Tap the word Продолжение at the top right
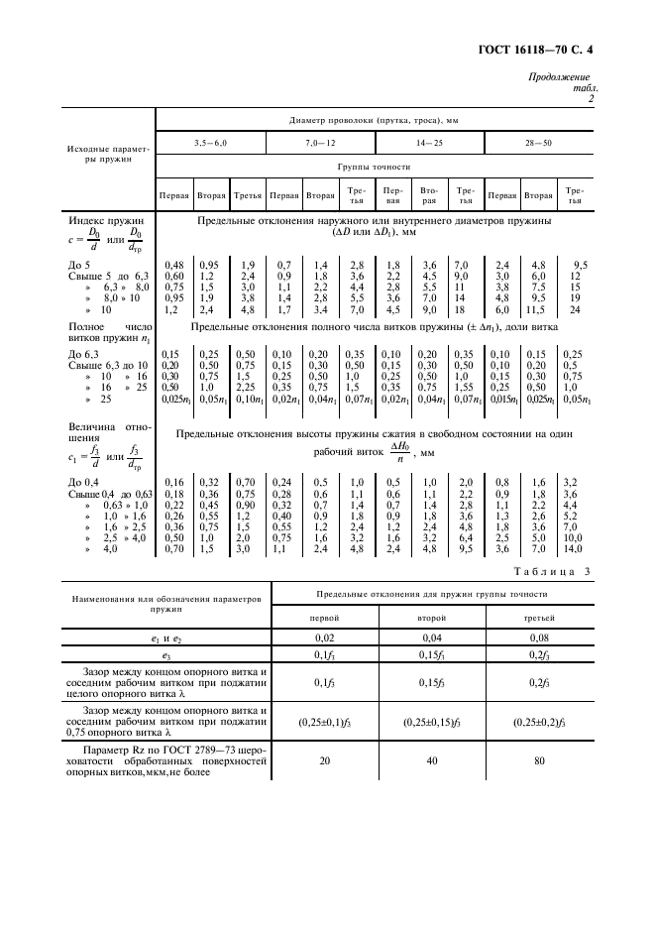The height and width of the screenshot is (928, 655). pyautogui.click(x=559, y=77)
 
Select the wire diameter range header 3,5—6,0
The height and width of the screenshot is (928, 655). pyautogui.click(x=210, y=145)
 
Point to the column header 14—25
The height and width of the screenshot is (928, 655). pyautogui.click(x=429, y=145)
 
